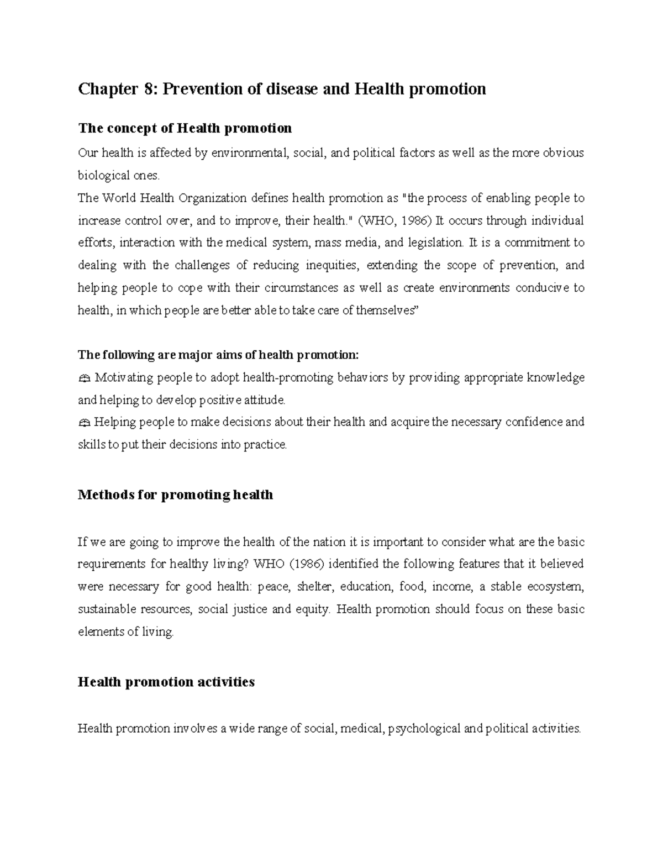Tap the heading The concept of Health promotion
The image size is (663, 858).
click(185, 128)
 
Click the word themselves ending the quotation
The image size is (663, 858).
click(387, 310)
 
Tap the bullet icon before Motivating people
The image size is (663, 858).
click(84, 378)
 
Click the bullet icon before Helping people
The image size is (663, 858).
click(84, 423)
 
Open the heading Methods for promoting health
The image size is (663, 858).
click(175, 494)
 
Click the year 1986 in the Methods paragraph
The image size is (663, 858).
click(303, 564)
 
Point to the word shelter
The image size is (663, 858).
click(314, 587)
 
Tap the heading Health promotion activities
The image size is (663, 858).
click(166, 682)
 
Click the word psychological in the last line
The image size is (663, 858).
click(424, 729)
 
